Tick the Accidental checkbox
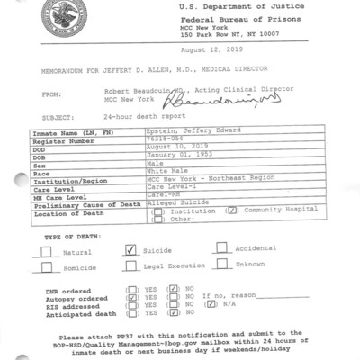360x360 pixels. click(x=221, y=247)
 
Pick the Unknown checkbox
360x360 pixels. click(x=221, y=265)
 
